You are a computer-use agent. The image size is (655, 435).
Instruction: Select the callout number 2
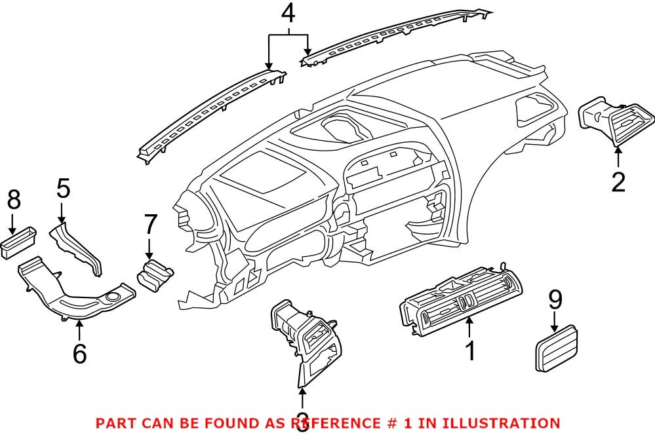618,181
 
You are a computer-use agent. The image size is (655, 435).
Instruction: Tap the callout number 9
555,300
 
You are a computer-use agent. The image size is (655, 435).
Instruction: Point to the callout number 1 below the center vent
469,350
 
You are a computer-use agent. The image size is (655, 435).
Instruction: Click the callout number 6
79,354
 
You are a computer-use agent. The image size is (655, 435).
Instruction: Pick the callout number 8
13,200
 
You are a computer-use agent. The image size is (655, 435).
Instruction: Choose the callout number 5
62,190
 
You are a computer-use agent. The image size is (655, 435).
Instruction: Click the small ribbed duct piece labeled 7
155,273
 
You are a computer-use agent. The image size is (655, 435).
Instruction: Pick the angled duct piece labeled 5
77,246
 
